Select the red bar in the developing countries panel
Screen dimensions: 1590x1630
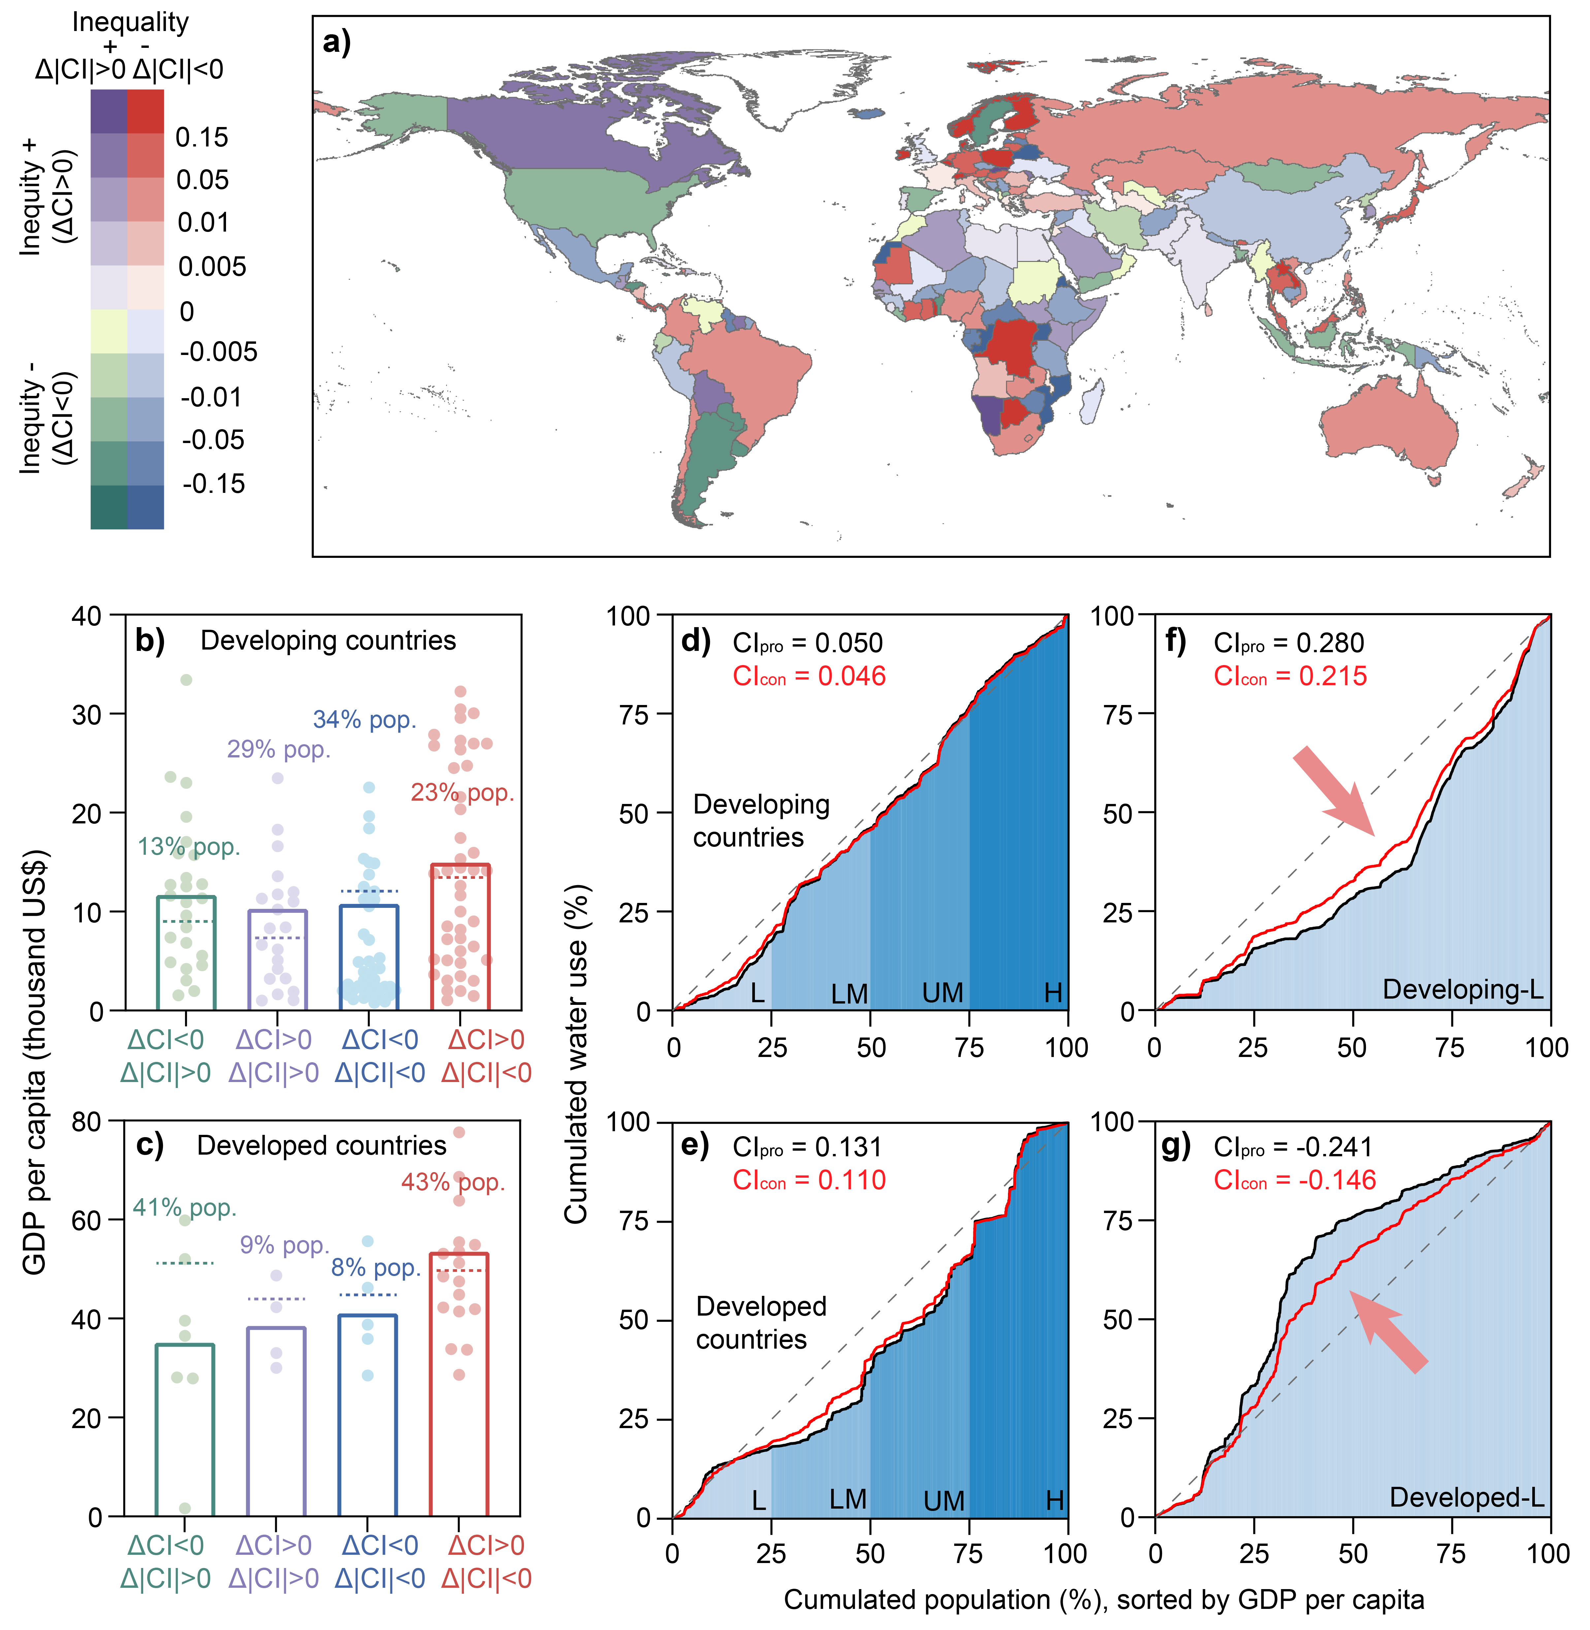tap(459, 937)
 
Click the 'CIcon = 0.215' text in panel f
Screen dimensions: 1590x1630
tap(1290, 676)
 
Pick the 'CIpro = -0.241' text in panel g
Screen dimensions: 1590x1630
tap(1293, 1147)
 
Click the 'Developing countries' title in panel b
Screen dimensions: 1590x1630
tap(328, 640)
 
